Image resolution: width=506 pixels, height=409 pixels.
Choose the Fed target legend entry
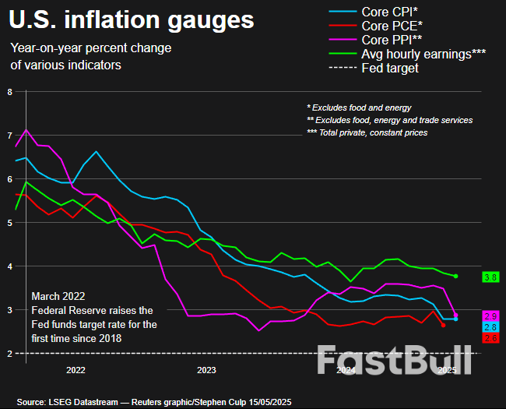tap(390, 68)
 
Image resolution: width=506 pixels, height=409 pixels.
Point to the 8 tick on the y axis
tap(9, 92)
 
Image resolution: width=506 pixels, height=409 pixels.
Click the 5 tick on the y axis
tap(9, 223)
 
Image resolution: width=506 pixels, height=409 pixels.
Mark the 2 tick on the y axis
tap(9, 354)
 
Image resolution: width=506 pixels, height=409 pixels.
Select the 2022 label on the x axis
tap(76, 371)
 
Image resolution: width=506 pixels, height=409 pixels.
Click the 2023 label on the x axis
tap(207, 371)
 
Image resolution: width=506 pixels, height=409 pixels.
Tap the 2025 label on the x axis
tap(448, 371)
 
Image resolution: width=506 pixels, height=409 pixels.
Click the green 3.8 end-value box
tap(491, 277)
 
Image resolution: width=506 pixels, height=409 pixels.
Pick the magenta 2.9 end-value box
tap(491, 316)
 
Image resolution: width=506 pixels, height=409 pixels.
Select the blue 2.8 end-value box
tap(491, 327)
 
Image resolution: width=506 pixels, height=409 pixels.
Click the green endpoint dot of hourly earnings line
tap(456, 277)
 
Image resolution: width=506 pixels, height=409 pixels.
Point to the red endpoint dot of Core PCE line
tap(444, 325)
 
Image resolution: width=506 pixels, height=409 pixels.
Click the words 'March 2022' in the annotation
tap(57, 297)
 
